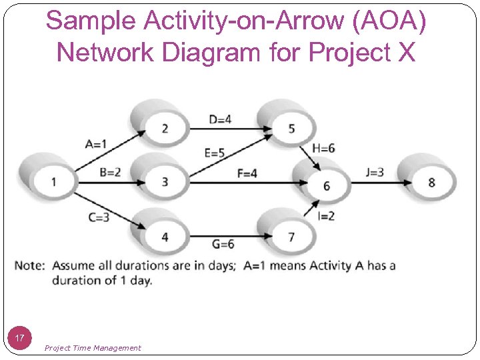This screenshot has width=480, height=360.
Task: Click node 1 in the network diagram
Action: tap(53, 181)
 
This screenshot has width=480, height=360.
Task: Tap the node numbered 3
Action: tap(165, 181)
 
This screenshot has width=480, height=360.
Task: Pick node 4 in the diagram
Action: tap(165, 236)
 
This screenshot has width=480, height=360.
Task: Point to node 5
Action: tap(291, 127)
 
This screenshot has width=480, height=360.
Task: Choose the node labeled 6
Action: tap(326, 185)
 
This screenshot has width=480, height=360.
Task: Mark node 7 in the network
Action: tap(291, 236)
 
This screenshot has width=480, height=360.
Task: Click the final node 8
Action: tap(431, 181)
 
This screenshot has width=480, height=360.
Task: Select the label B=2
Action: tap(111, 172)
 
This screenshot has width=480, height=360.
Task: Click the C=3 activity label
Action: tap(99, 217)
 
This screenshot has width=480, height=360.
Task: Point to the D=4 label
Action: tap(220, 119)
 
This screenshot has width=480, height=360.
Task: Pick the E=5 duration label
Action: tap(215, 153)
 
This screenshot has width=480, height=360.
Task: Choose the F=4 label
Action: tap(247, 173)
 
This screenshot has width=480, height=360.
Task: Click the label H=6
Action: tap(323, 148)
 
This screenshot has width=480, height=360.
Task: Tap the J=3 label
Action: tap(375, 172)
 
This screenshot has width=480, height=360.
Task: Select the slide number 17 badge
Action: tap(19, 338)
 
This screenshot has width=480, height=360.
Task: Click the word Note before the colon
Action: tap(28, 265)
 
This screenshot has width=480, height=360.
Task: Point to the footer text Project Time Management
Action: tap(93, 347)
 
